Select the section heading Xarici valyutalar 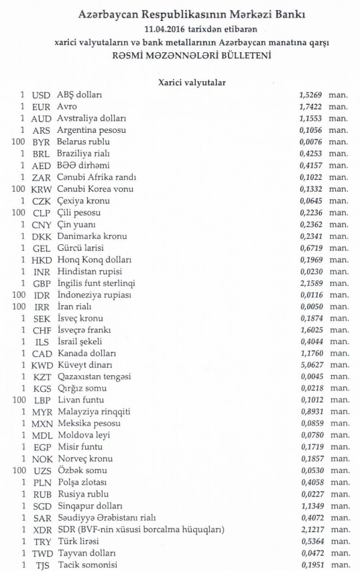pyautogui.click(x=191, y=82)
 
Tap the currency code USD pyautogui.click(x=42, y=95)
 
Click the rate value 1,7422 pyautogui.click(x=310, y=107)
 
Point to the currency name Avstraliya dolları pyautogui.click(x=90, y=119)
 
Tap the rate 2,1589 pyautogui.click(x=310, y=284)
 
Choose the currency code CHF pyautogui.click(x=42, y=331)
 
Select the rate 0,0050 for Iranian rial pyautogui.click(x=310, y=307)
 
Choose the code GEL pyautogui.click(x=42, y=248)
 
